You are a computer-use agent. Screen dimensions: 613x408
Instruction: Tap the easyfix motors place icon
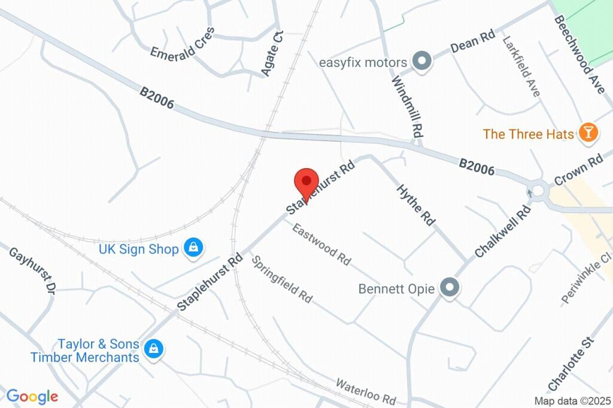pos(423,62)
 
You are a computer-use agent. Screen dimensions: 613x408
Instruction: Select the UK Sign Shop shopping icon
pos(193,248)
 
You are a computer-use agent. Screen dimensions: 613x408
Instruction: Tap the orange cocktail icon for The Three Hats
pos(588,133)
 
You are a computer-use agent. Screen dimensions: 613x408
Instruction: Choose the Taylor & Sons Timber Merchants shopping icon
pos(154,349)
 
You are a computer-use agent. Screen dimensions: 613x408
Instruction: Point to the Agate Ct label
pos(272,54)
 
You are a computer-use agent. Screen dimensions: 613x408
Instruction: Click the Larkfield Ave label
pos(521,67)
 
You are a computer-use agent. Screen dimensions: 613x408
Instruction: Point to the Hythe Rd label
pos(415,205)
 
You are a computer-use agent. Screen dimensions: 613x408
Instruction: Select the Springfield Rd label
pos(281,279)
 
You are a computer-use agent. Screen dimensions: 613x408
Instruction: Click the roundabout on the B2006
pos(538,191)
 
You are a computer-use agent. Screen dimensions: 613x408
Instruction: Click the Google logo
pos(32,396)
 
